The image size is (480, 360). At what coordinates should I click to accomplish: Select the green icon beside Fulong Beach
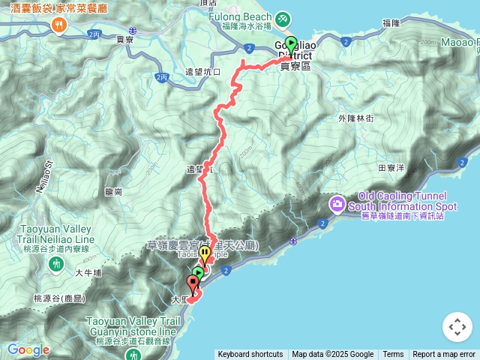tap(283, 18)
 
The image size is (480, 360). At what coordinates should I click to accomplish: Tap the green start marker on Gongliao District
tap(291, 46)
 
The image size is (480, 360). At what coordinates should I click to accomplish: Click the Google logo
tap(28, 349)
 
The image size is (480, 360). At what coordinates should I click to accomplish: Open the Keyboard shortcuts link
tap(250, 355)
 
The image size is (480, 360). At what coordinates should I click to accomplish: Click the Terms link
tap(393, 355)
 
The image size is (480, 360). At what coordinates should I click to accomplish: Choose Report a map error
tap(444, 355)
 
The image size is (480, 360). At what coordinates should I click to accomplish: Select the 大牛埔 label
tap(88, 273)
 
